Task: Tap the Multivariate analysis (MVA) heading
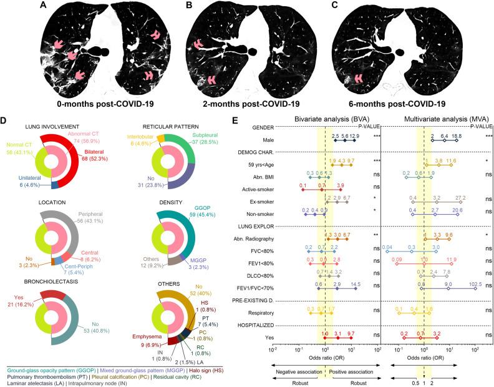pyautogui.click(x=434, y=119)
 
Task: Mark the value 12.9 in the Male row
pyautogui.click(x=355, y=135)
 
